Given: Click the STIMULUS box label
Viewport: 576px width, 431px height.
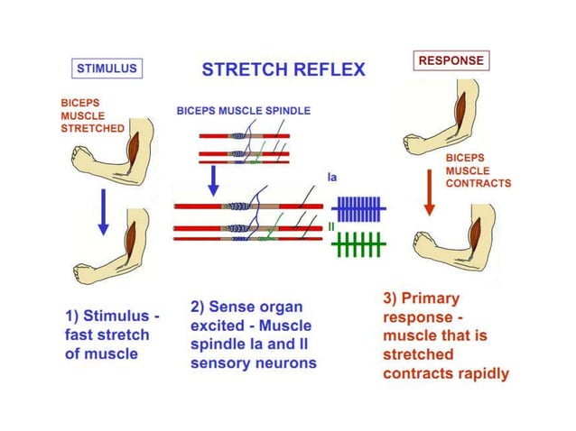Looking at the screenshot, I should click(107, 68).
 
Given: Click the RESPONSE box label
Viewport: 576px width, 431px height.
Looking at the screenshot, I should click(451, 61).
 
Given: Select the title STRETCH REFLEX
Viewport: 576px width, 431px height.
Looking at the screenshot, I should click(283, 69).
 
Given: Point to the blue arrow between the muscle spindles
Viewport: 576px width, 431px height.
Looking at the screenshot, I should click(214, 179).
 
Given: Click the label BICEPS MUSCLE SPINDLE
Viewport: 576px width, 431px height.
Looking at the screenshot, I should click(243, 111).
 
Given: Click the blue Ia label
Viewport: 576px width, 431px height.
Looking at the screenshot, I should click(332, 179).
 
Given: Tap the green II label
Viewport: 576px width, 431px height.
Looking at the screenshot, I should click(332, 227).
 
